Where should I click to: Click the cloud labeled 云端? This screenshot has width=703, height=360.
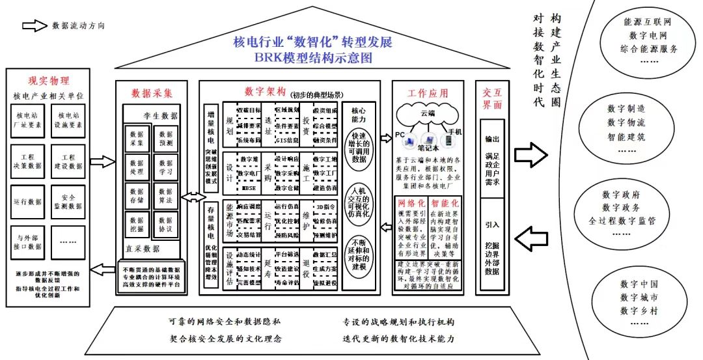pos(428,116)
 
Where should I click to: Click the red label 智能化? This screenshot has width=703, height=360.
pos(446,202)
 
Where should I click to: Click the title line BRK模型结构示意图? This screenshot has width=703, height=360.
pos(313,58)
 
